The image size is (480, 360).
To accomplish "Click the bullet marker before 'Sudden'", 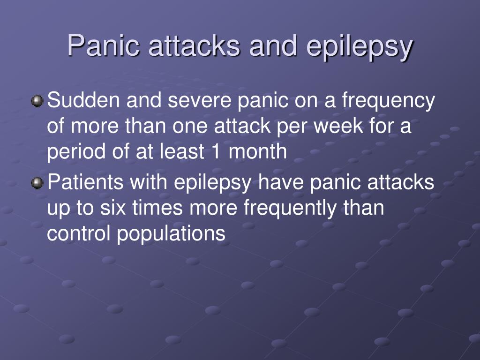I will pyautogui.click(x=37, y=101).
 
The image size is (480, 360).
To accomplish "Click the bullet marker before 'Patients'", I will pyautogui.click(x=37, y=183).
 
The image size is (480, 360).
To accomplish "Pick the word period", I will pyautogui.click(x=72, y=153).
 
